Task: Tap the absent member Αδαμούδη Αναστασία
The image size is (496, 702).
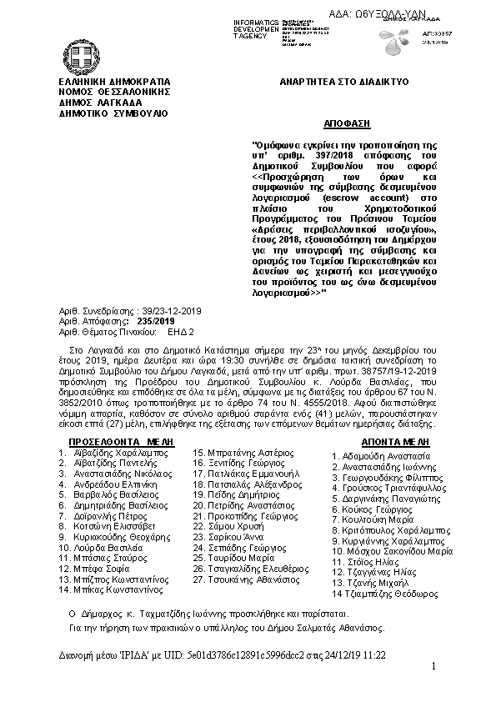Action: [x=385, y=457]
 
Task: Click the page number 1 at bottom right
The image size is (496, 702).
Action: [x=434, y=665]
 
